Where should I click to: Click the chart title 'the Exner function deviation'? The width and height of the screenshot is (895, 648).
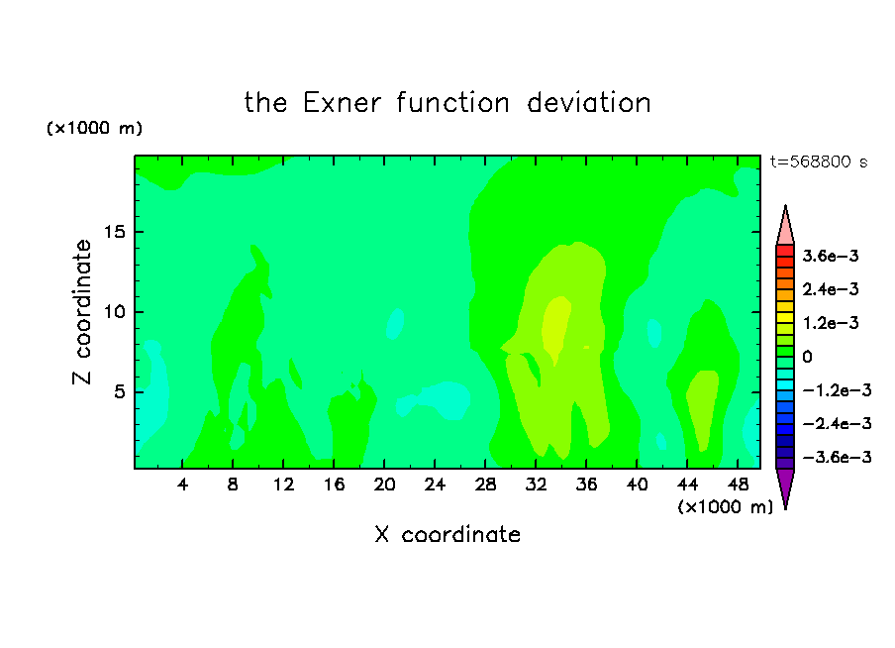tap(447, 103)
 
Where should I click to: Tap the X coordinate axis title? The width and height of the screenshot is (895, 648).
tap(447, 534)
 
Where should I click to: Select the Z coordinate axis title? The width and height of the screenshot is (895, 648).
tap(82, 312)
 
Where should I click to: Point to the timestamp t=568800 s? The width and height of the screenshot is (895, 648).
tap(819, 162)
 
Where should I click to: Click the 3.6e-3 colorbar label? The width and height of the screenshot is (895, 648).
tap(831, 256)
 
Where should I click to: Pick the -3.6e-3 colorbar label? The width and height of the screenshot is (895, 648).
tap(837, 457)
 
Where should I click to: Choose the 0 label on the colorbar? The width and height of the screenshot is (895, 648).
tap(807, 357)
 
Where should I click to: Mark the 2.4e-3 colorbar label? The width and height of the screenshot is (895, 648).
tap(831, 289)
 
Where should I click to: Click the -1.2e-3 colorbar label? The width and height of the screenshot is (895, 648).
tap(837, 390)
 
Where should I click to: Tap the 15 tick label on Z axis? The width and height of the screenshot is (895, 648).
tap(114, 232)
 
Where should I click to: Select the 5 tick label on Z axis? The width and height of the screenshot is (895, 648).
tap(119, 392)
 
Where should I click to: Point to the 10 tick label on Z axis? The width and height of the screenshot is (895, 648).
tap(114, 312)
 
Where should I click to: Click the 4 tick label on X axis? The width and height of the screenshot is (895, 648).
tap(182, 485)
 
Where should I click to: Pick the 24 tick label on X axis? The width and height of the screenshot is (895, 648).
tap(435, 485)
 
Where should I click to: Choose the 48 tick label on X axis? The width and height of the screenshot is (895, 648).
tap(738, 485)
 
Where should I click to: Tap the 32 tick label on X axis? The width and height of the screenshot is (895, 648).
tap(536, 485)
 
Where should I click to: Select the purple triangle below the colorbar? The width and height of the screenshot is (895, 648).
tap(785, 486)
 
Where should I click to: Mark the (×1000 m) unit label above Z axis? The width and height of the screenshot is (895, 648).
tap(94, 128)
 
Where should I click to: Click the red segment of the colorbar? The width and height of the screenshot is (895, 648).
tap(785, 251)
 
